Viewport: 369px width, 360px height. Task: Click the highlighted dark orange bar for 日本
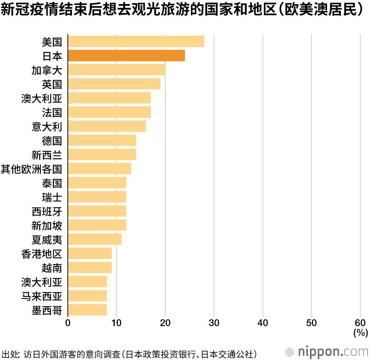point(126,56)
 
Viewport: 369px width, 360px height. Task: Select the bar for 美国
point(136,42)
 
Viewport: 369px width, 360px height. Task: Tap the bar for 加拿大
point(116,70)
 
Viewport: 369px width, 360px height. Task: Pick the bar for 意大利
point(107,126)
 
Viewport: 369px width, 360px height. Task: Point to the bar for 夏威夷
point(94,239)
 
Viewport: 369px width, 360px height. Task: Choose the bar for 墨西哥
point(87,310)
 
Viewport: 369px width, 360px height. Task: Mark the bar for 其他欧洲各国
point(99,169)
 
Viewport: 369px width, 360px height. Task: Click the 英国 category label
point(52,84)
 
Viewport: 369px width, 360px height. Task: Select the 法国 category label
point(52,112)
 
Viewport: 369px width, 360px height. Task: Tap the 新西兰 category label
point(47,155)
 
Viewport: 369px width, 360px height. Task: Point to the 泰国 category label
point(52,183)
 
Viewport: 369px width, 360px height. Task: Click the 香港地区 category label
point(42,253)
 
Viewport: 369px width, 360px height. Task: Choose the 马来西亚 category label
point(42,296)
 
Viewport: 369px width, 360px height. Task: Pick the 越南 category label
point(52,267)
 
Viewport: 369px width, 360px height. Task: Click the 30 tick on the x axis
point(214,323)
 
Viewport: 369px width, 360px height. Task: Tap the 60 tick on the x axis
point(360,323)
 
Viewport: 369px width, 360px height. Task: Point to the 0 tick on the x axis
point(68,323)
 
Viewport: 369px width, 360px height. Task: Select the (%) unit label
point(360,333)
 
